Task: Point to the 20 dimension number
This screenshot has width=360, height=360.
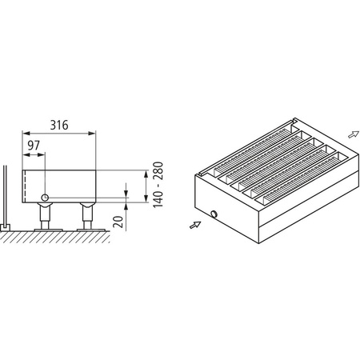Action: point(118,220)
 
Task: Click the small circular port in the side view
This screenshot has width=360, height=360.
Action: point(46,198)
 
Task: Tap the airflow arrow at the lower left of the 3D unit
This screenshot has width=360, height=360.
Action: point(194,226)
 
